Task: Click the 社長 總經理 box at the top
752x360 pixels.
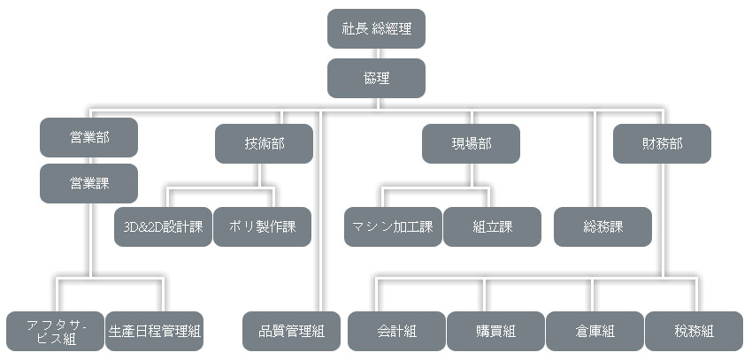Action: (x=376, y=28)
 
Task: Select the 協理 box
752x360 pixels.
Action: (x=376, y=78)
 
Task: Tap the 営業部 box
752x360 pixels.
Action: (x=88, y=137)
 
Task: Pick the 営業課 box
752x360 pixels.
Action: (x=88, y=183)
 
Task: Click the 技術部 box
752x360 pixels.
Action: (x=264, y=143)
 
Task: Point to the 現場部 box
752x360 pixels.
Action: (x=471, y=143)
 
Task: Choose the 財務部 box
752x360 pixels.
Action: (x=662, y=143)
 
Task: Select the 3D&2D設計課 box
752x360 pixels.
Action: (x=163, y=226)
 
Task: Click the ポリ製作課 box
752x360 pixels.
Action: (x=262, y=226)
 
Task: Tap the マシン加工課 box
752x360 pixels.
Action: (x=393, y=226)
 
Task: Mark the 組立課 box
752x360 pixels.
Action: (x=492, y=226)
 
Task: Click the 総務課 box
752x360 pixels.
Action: (x=602, y=226)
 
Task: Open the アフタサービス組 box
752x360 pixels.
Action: (x=55, y=332)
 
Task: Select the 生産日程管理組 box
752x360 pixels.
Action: (x=154, y=332)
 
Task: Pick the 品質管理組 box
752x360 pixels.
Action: (x=292, y=332)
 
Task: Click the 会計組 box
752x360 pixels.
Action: (x=396, y=332)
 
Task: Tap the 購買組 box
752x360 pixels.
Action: (x=495, y=332)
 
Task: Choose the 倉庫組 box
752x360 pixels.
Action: (x=595, y=332)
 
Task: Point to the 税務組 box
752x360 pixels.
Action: (x=694, y=332)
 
